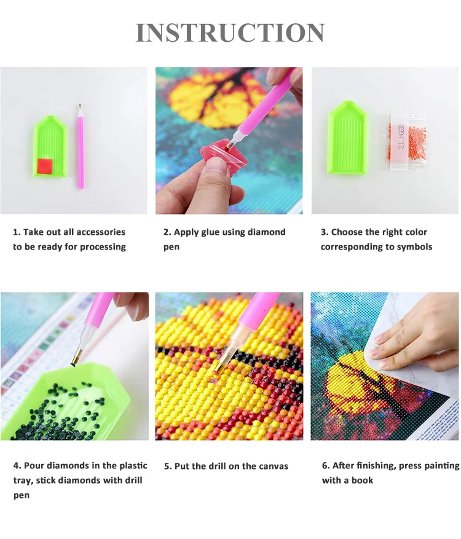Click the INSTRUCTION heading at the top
click(x=230, y=33)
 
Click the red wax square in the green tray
click(x=44, y=167)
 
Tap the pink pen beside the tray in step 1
click(x=81, y=146)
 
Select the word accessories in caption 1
click(x=101, y=232)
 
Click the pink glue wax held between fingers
click(x=219, y=155)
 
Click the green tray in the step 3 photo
click(x=347, y=138)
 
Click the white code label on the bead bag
click(x=401, y=137)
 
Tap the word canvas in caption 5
click(x=274, y=466)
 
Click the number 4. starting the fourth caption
click(x=17, y=466)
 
